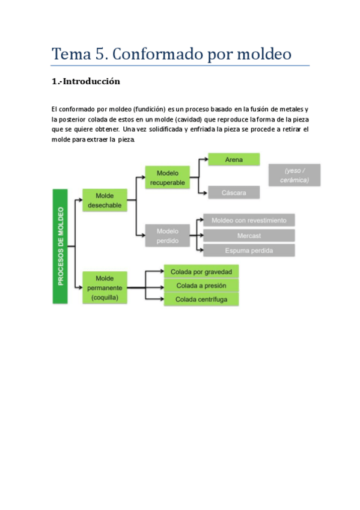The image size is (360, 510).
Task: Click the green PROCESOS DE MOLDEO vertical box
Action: (59, 246)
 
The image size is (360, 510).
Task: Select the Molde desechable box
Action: (105, 200)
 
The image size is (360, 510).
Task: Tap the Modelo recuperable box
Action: (167, 177)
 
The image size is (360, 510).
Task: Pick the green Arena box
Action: (234, 159)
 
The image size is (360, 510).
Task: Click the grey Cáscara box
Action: (234, 192)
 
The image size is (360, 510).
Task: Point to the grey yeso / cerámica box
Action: (294, 175)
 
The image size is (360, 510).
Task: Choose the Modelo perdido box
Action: (167, 235)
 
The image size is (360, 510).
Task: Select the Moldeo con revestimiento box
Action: (249, 220)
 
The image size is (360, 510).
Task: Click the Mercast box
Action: (249, 235)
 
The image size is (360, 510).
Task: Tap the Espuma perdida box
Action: (249, 250)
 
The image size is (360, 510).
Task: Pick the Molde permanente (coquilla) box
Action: (105, 287)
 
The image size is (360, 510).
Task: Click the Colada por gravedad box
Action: (201, 271)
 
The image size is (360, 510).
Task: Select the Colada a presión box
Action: (201, 285)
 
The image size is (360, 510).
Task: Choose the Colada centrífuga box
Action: (201, 299)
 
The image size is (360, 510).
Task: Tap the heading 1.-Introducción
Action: (86, 81)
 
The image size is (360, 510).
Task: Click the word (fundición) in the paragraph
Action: (145, 109)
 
